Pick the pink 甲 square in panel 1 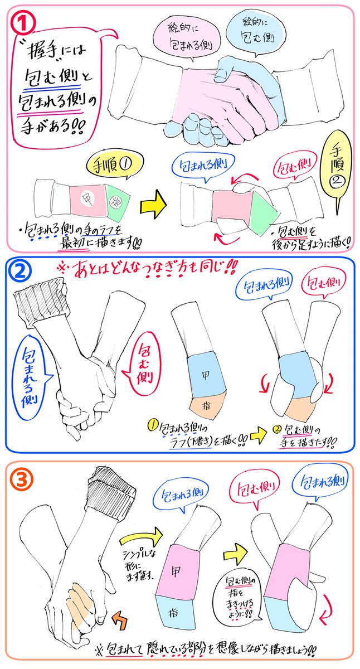pyautogui.click(x=88, y=196)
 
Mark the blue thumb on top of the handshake pyautogui.click(x=225, y=72)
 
